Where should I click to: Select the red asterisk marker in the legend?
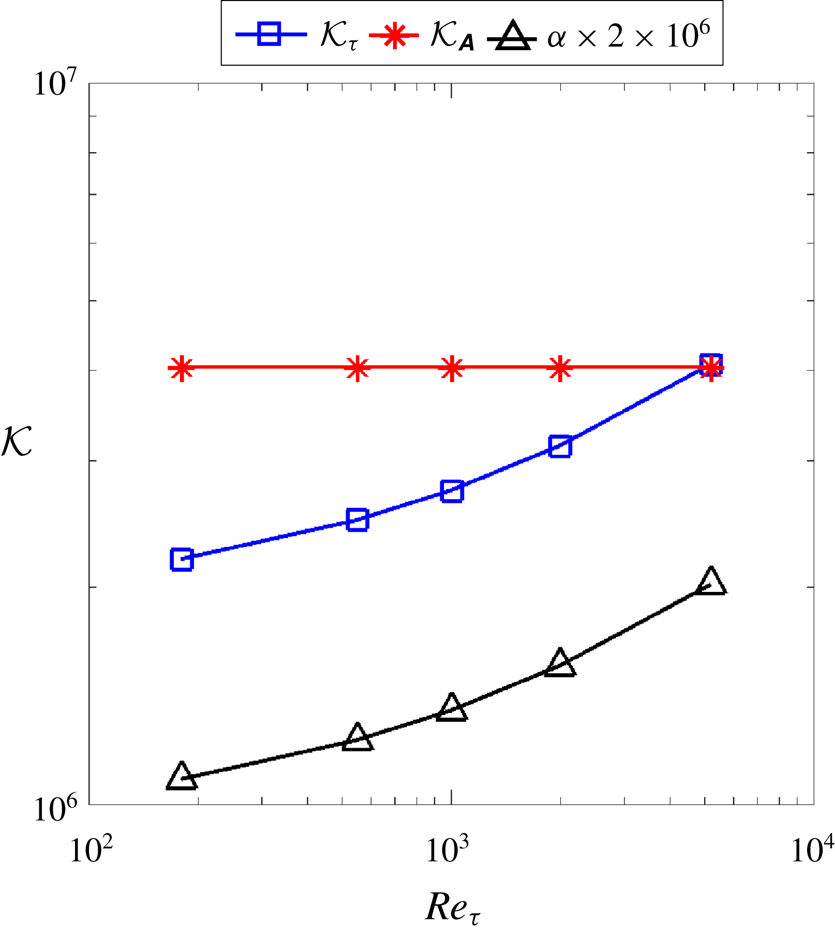[394, 34]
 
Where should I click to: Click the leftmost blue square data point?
[182, 559]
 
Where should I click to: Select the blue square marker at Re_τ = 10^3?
[452, 490]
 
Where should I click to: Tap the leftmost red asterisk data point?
[181, 368]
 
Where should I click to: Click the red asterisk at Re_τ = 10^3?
[452, 368]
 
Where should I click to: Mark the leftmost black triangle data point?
[182, 776]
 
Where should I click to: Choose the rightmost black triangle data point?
[711, 582]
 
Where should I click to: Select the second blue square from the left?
[357, 519]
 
